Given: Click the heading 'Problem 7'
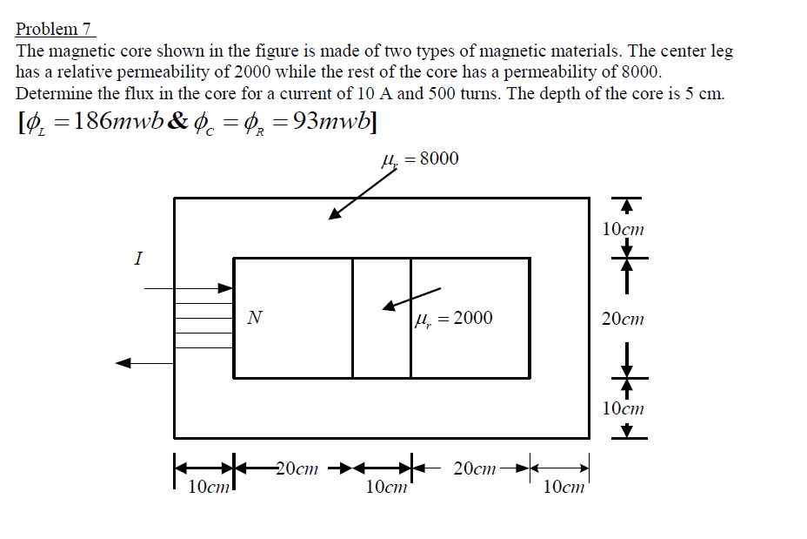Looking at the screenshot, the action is [54, 29].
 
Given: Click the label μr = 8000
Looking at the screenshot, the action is [420, 158].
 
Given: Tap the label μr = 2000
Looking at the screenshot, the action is [454, 319].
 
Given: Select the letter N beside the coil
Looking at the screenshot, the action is [254, 318].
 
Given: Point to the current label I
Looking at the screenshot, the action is [138, 258].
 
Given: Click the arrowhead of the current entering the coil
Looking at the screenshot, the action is [226, 288].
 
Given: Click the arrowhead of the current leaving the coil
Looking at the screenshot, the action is [123, 363].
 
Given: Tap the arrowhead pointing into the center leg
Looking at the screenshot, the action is [390, 307].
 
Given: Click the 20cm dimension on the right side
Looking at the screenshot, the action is [623, 319].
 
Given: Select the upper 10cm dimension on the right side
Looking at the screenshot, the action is [623, 229].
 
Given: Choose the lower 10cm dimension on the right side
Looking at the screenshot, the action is [623, 408].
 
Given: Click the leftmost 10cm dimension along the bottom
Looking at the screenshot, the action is [209, 487].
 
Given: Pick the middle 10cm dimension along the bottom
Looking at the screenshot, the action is [386, 487].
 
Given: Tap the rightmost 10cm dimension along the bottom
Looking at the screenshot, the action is [564, 487].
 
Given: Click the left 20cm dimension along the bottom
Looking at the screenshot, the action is [297, 468].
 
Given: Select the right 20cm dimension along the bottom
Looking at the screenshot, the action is [475, 468].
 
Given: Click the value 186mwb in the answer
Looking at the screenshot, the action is [119, 121].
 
